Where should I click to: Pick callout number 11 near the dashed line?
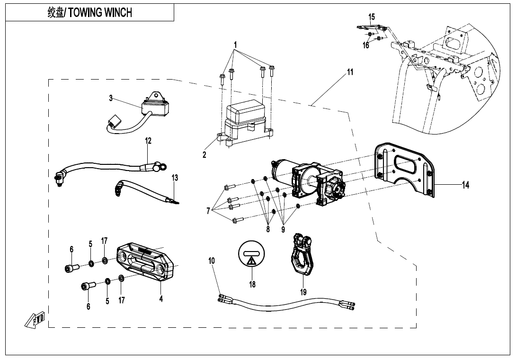[x=350, y=72]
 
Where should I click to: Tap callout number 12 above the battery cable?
[x=148, y=141]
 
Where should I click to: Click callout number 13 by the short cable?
[x=175, y=178]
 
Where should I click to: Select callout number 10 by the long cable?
[x=212, y=261]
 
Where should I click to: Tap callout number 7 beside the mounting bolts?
[x=208, y=211]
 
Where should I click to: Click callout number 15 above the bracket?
[x=372, y=17]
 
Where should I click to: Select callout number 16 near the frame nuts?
[x=366, y=45]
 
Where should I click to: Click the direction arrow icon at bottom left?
[x=35, y=320]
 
